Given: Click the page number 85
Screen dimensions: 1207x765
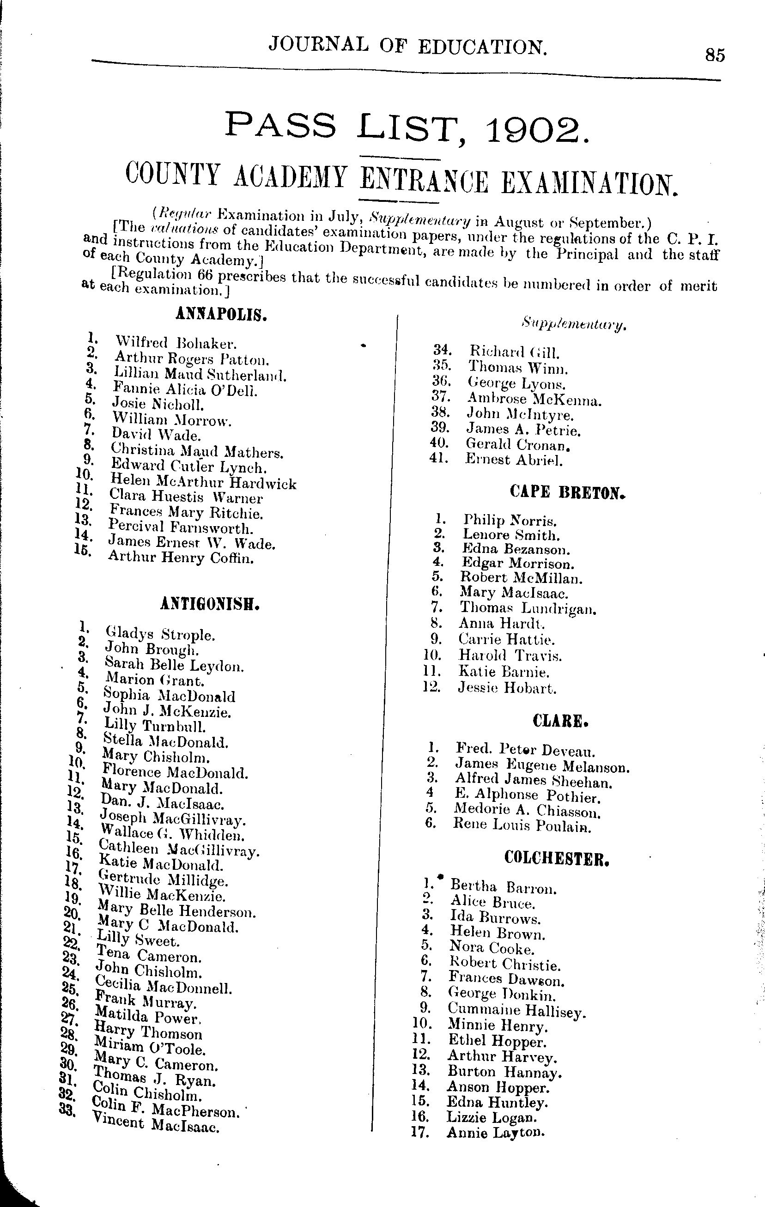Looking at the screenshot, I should tap(714, 55).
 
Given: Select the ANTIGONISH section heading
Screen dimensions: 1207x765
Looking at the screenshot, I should tap(210, 605).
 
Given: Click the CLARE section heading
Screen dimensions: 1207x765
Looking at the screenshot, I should tap(560, 722).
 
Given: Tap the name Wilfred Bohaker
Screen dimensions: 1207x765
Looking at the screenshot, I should tap(176, 343).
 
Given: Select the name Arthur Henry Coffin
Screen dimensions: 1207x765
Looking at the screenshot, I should tap(181, 558).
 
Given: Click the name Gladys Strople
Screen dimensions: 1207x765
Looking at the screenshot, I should tap(160, 635).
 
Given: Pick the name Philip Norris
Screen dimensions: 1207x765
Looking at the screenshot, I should tap(510, 520).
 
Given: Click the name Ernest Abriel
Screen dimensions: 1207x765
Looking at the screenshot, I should tap(513, 459).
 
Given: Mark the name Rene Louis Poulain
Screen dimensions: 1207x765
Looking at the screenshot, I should tap(522, 825).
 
